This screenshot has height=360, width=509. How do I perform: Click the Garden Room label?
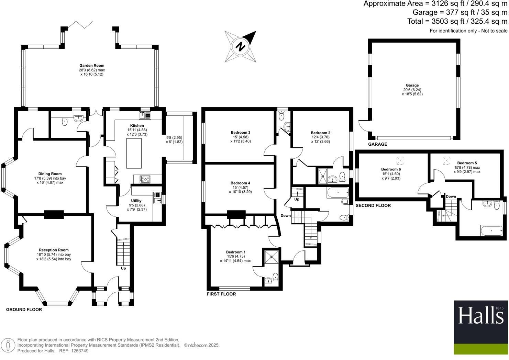point(92,66)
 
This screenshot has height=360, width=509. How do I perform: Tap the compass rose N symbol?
point(241,46)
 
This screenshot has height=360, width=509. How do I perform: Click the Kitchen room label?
point(137,126)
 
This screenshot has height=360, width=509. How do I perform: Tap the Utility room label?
point(136,201)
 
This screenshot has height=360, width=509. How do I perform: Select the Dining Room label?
point(50,174)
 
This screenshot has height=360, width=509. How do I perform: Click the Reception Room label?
point(54,250)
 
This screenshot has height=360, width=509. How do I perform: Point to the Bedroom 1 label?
point(236,252)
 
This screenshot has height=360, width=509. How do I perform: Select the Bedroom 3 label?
point(240,133)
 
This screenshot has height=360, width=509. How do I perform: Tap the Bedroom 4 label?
point(240,183)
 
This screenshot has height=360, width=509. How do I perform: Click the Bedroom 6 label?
point(391,169)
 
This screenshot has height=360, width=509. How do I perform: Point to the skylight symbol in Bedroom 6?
point(400,160)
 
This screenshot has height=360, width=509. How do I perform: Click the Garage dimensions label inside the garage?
point(412,92)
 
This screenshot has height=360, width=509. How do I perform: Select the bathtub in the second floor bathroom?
point(492,231)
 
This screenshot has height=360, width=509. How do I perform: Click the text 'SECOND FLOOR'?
point(373,206)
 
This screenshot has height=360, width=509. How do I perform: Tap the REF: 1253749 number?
point(79,351)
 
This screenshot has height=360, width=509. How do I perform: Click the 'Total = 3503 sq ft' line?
point(457,21)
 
